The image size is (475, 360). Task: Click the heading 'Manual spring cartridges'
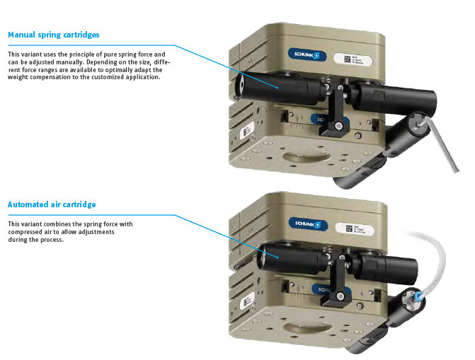(x=53, y=35)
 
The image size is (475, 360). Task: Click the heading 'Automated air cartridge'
(x=51, y=204)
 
